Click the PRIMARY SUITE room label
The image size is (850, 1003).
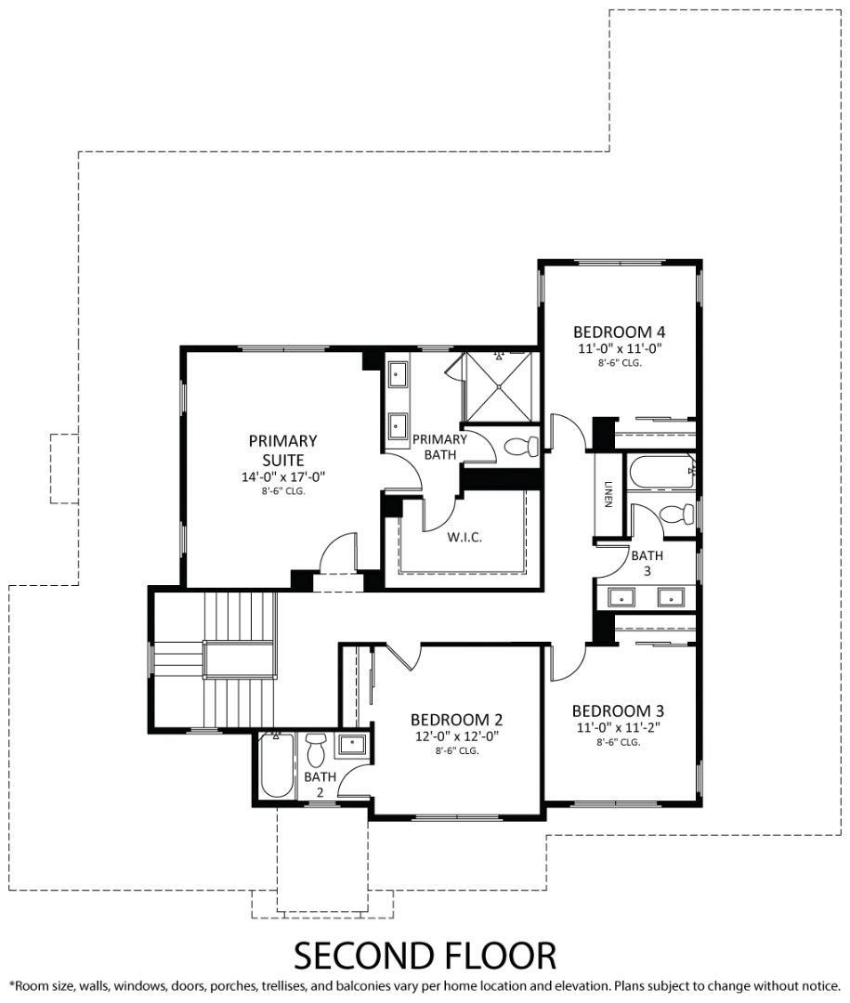click(x=282, y=449)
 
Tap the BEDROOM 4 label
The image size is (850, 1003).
click(x=620, y=332)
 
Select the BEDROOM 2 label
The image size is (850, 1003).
click(x=457, y=720)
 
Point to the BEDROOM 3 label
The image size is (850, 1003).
click(x=618, y=710)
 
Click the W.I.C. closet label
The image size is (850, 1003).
click(x=464, y=538)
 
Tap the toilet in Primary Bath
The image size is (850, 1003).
click(x=521, y=447)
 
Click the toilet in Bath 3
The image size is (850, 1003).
click(x=674, y=514)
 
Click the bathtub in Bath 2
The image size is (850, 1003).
click(x=277, y=767)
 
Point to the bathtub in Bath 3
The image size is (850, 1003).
click(x=661, y=473)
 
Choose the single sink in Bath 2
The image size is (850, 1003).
click(x=352, y=744)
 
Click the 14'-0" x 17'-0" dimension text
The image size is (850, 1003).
click(x=282, y=476)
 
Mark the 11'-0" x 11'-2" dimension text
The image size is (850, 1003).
click(x=618, y=728)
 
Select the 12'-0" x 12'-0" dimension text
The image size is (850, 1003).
click(x=457, y=736)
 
